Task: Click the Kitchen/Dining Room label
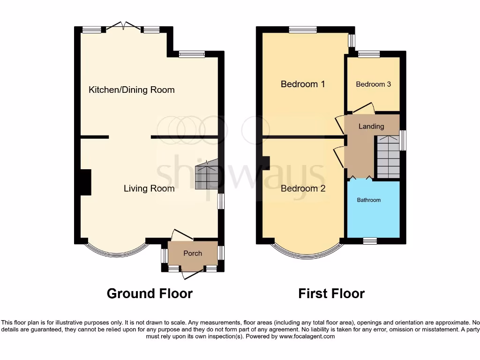(131, 90)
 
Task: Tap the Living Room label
(149, 188)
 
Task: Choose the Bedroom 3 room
(373, 84)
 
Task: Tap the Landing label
(371, 126)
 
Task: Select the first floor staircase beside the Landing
(388, 157)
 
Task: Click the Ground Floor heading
(150, 293)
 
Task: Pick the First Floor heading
(331, 293)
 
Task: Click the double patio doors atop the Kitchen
(122, 27)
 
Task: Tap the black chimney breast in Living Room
(85, 182)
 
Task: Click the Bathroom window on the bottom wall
(370, 241)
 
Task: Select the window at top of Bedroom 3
(369, 54)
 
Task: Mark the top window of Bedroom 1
(302, 30)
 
